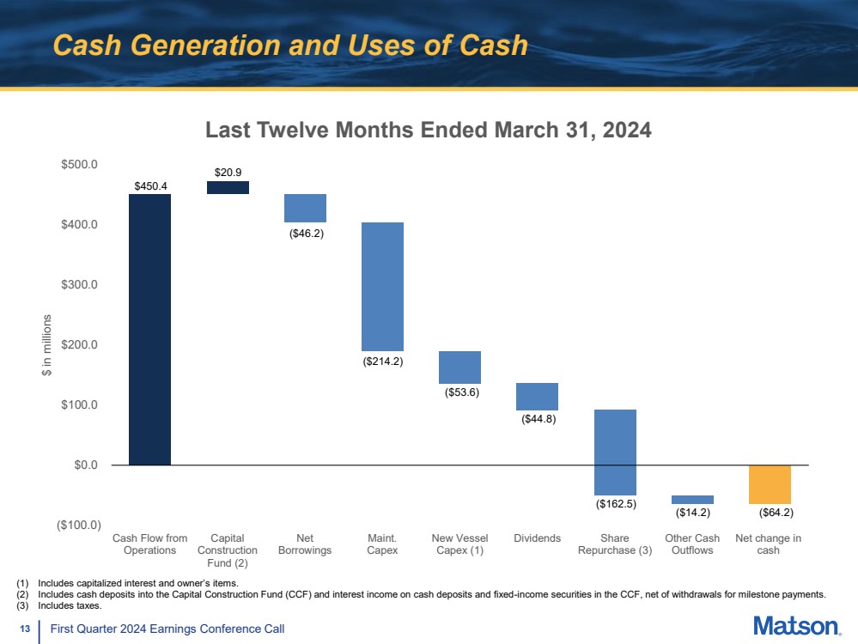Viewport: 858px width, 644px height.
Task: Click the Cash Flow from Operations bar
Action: (x=149, y=329)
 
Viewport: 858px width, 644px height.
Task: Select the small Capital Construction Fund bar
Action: (x=228, y=187)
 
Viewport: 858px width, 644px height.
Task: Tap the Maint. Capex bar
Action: (x=382, y=286)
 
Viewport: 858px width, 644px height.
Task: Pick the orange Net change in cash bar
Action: (x=770, y=484)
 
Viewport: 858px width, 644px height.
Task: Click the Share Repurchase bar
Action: (x=615, y=452)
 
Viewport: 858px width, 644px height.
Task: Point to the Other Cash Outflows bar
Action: (x=692, y=499)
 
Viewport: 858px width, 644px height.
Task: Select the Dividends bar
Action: (x=537, y=397)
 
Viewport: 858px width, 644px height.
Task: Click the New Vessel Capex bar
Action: (x=459, y=367)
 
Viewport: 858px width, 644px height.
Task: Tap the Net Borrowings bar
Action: (x=305, y=208)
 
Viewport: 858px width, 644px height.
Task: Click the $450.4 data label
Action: (x=149, y=185)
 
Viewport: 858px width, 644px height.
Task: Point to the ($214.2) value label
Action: (x=382, y=361)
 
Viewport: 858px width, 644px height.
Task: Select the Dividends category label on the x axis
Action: (x=537, y=538)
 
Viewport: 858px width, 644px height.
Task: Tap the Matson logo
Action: (x=797, y=626)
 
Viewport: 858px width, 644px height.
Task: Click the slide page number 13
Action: (x=25, y=629)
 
